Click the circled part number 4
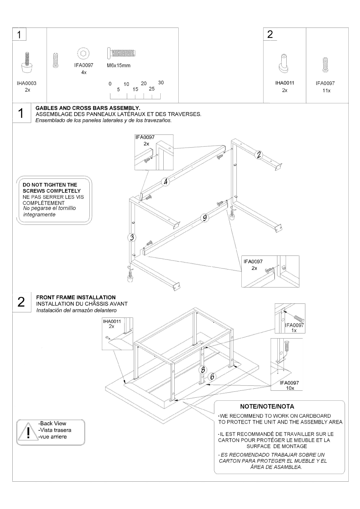click(x=166, y=182)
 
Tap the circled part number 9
click(x=205, y=218)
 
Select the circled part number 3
click(x=132, y=238)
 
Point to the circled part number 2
click(x=259, y=155)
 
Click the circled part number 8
click(x=203, y=370)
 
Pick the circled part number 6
click(x=212, y=376)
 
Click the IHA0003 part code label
click(x=27, y=83)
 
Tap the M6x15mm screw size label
click(x=119, y=65)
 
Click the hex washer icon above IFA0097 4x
click(x=83, y=54)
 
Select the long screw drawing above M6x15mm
click(x=121, y=53)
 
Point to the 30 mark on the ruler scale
click(x=161, y=83)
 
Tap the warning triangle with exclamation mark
click(x=28, y=431)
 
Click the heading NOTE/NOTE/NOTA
click(x=267, y=406)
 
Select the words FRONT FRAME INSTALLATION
click(x=76, y=297)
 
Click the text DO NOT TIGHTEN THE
click(x=50, y=185)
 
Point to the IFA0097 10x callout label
click(x=289, y=385)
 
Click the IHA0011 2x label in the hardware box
click(x=285, y=87)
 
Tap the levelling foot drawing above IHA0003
click(x=27, y=62)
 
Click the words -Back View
click(x=52, y=423)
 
